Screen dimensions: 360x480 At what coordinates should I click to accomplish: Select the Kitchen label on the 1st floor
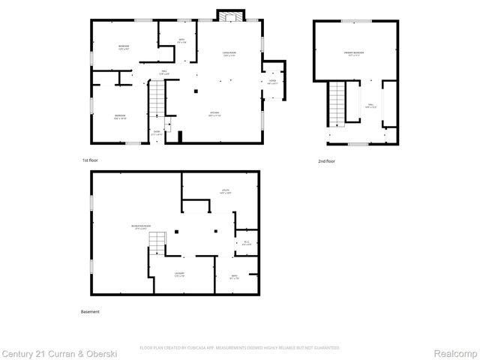coord(214,114)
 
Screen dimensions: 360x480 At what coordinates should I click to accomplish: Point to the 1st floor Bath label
coord(181,41)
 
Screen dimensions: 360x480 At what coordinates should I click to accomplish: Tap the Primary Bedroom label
coord(354,53)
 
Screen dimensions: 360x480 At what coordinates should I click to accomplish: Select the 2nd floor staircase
coord(337,103)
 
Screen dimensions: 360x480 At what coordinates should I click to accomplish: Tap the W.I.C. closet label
coord(247,241)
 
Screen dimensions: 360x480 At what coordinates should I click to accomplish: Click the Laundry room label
coord(179,274)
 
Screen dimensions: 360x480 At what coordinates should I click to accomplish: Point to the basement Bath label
coord(233,277)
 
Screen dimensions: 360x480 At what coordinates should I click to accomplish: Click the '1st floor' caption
coord(90,160)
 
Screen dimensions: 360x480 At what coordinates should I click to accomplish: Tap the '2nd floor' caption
coord(325,160)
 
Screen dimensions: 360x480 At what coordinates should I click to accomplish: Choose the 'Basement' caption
coord(90,311)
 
